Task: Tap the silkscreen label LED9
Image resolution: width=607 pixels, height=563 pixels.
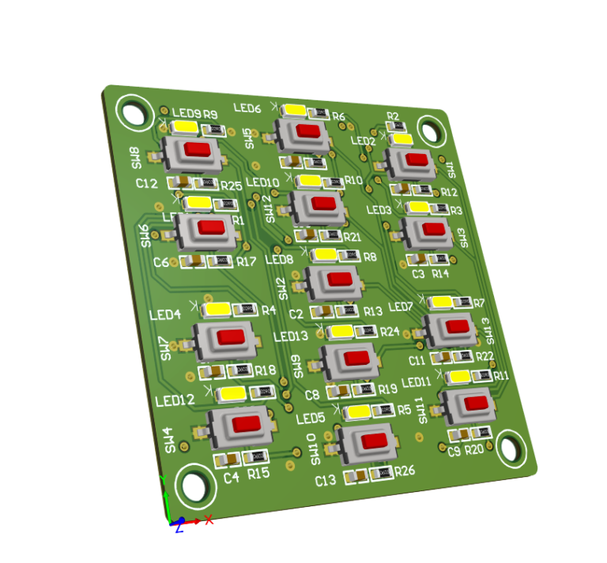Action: [186, 114]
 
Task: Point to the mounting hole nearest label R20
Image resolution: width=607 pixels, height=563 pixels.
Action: [509, 449]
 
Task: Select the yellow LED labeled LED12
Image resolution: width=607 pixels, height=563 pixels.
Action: [232, 393]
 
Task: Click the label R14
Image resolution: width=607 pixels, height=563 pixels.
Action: [440, 273]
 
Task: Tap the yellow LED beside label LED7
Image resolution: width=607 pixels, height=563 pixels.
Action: [440, 302]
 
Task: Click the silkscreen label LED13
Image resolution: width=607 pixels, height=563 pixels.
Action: [291, 336]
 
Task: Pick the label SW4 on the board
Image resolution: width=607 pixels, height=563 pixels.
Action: [168, 440]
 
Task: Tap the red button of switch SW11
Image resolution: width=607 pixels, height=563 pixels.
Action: [476, 403]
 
